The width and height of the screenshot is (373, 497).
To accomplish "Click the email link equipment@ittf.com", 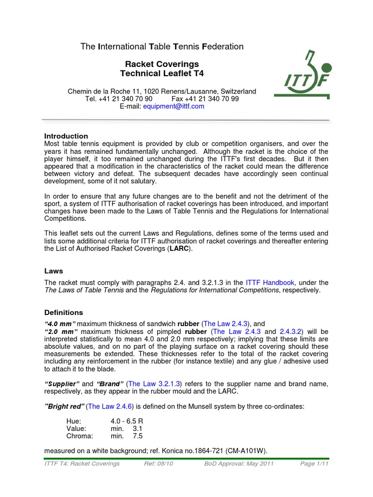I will coord(173,106).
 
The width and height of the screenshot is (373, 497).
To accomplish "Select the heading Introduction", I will coord(66,136).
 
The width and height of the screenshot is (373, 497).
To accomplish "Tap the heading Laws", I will coord(53,271).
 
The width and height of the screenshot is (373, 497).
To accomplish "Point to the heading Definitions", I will coord(64,313).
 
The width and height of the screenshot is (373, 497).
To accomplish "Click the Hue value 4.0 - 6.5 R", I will coord(129,422).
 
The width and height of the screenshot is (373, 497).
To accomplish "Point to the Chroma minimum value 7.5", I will coord(137,436).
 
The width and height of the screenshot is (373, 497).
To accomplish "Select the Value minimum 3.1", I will coord(137,429).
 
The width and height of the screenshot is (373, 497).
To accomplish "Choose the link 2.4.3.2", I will coord(287,331).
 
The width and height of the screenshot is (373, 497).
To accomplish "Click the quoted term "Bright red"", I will coord(64,406).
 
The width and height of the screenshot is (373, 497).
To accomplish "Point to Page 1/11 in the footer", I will coord(314,464).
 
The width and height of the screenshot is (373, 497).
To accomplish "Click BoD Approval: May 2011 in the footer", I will coord(239,464).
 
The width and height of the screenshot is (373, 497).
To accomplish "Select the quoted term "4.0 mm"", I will coord(60,324).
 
